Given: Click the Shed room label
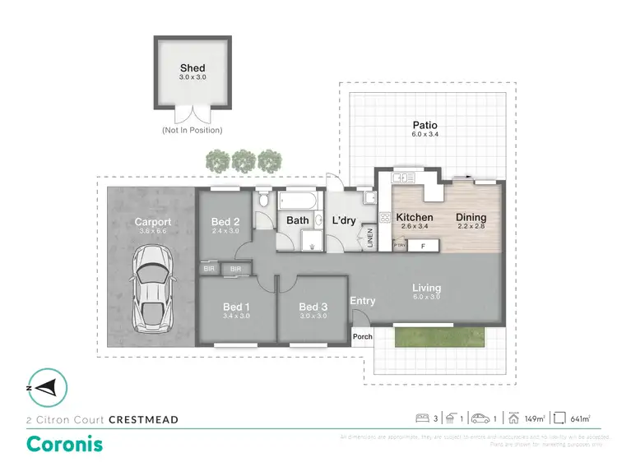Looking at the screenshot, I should click(193, 68).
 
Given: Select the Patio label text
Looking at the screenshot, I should click(424, 127).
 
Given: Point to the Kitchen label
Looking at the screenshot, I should click(415, 218).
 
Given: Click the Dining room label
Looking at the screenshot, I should click(472, 218).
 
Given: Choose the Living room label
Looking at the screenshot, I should click(427, 288).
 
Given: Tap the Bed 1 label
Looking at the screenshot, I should click(236, 307).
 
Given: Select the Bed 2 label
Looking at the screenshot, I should click(225, 221).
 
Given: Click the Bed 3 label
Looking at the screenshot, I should click(312, 307).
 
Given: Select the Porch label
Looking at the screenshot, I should click(362, 336).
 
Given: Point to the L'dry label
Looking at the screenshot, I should click(343, 220).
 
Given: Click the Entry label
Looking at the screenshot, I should click(363, 301).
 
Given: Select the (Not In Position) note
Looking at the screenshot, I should click(193, 130).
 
